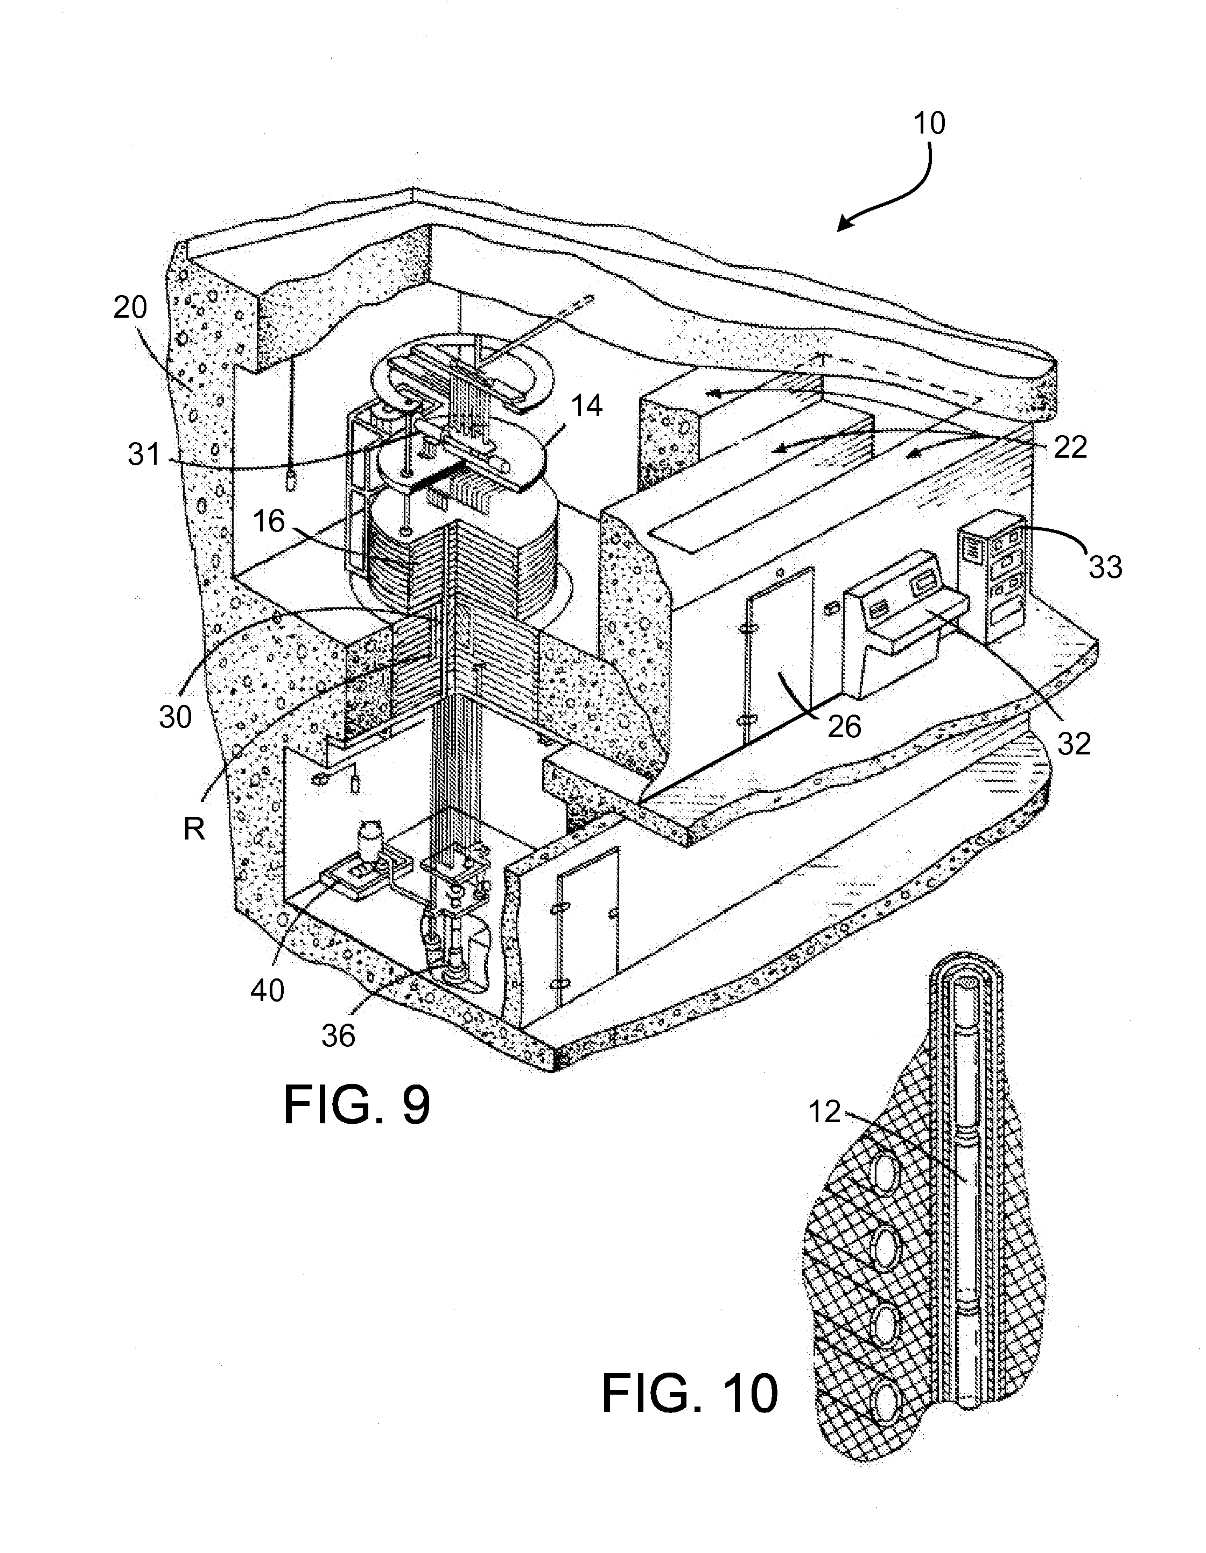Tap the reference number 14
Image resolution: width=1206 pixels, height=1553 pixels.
(585, 406)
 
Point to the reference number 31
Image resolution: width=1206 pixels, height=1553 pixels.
(145, 453)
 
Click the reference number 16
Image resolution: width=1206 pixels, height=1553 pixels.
(268, 521)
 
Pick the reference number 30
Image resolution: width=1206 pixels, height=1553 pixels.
(175, 717)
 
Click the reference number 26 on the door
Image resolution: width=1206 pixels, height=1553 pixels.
(844, 726)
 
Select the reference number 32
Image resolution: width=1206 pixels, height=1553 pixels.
(1073, 743)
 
